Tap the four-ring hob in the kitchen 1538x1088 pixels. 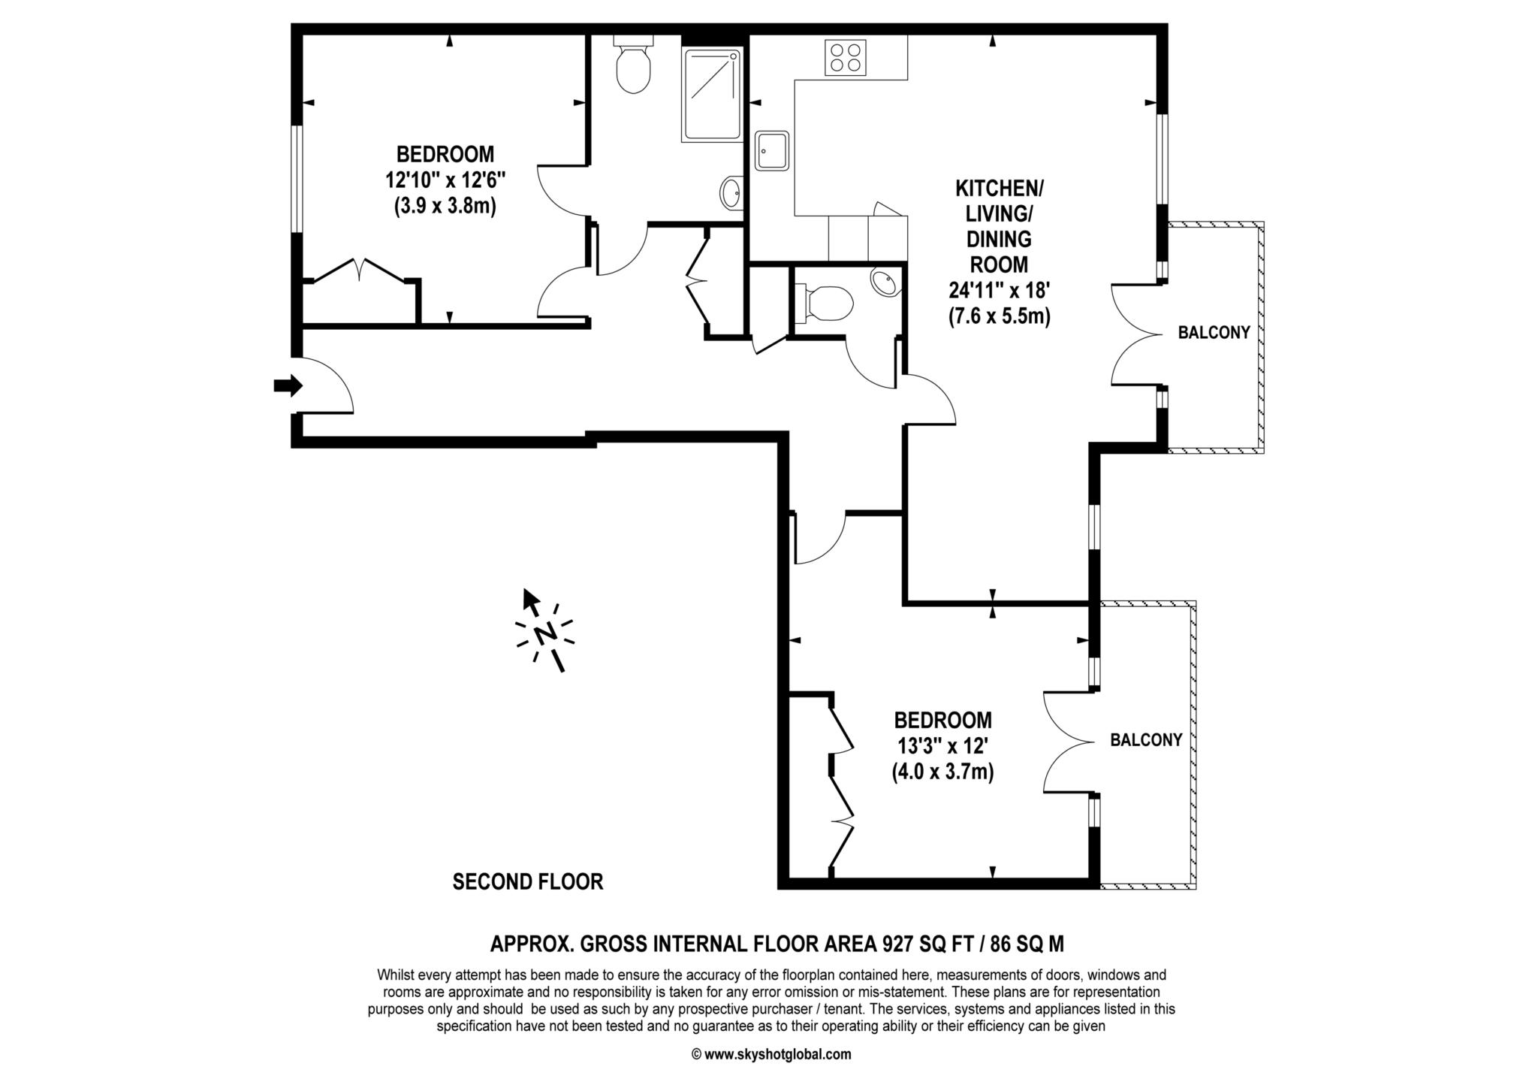(845, 58)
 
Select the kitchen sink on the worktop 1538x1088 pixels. (772, 151)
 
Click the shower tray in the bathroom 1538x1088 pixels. (711, 95)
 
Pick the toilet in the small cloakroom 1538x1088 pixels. (825, 303)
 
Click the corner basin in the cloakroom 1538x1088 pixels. (885, 283)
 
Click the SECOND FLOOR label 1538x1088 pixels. (527, 881)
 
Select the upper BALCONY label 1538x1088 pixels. (1214, 332)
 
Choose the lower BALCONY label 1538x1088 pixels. (1146, 740)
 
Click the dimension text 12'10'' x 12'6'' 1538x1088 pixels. (445, 180)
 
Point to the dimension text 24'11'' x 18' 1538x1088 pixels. (999, 290)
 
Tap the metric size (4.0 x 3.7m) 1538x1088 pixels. (942, 772)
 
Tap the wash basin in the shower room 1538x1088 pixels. (731, 192)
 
